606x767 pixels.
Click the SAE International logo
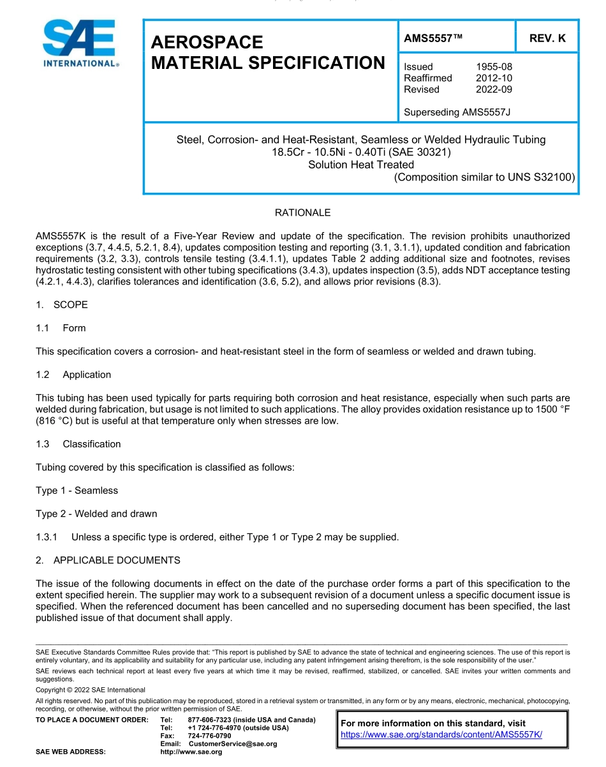coord(80,43)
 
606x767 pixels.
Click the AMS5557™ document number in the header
coord(433,38)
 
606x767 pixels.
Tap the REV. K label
coord(547,38)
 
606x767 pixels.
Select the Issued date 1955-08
coord(494,66)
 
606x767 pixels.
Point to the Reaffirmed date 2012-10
coord(494,78)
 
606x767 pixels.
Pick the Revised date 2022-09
coord(494,89)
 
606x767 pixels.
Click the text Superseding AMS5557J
coord(457,112)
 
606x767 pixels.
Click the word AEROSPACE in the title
coord(207,42)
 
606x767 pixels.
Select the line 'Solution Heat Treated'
coord(360,165)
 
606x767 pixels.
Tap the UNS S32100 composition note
coord(485,177)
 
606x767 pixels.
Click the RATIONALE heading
coord(302,212)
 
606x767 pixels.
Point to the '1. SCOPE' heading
coord(62,305)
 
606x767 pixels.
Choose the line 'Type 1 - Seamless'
coord(77,491)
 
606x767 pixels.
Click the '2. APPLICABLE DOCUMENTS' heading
coord(108,560)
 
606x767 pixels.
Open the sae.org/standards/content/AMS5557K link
coord(441,734)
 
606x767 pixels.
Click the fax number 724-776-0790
coord(209,736)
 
